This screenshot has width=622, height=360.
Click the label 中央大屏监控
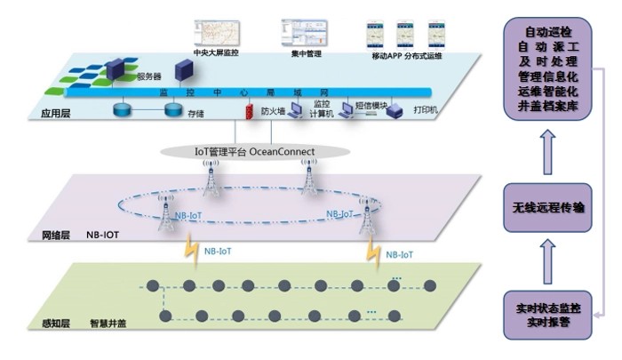point(216,52)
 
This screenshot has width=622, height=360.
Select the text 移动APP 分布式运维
point(404,54)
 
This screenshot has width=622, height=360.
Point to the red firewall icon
point(250,112)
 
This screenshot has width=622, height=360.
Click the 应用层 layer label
point(55,114)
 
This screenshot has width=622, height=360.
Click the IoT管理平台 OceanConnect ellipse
point(255,151)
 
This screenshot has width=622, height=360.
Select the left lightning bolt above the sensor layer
point(188,252)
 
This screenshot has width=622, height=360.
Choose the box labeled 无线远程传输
point(547,208)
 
